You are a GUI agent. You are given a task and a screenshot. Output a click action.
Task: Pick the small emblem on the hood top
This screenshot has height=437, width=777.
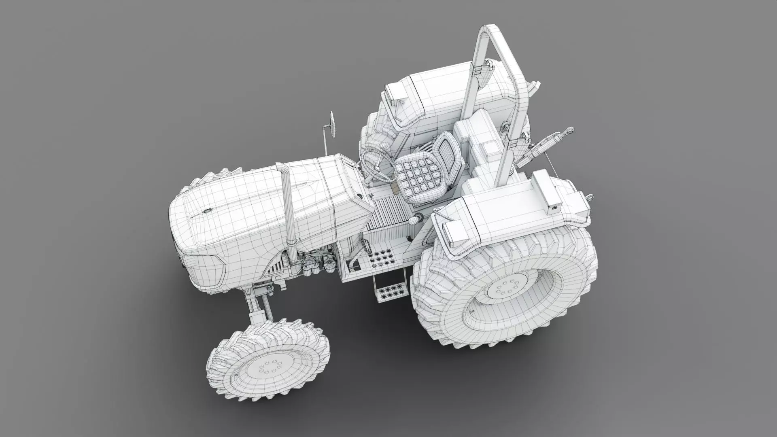point(207,211)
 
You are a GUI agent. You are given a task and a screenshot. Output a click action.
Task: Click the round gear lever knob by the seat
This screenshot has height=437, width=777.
point(414,221)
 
